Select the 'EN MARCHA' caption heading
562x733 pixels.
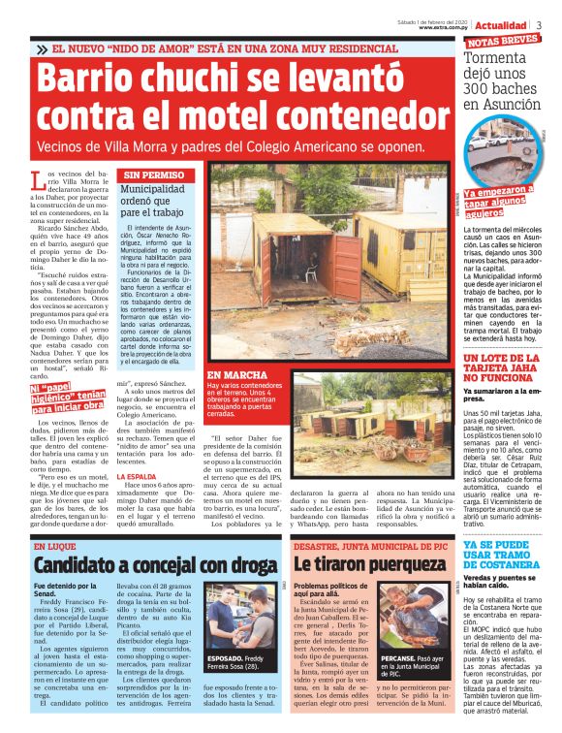[233, 374]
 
